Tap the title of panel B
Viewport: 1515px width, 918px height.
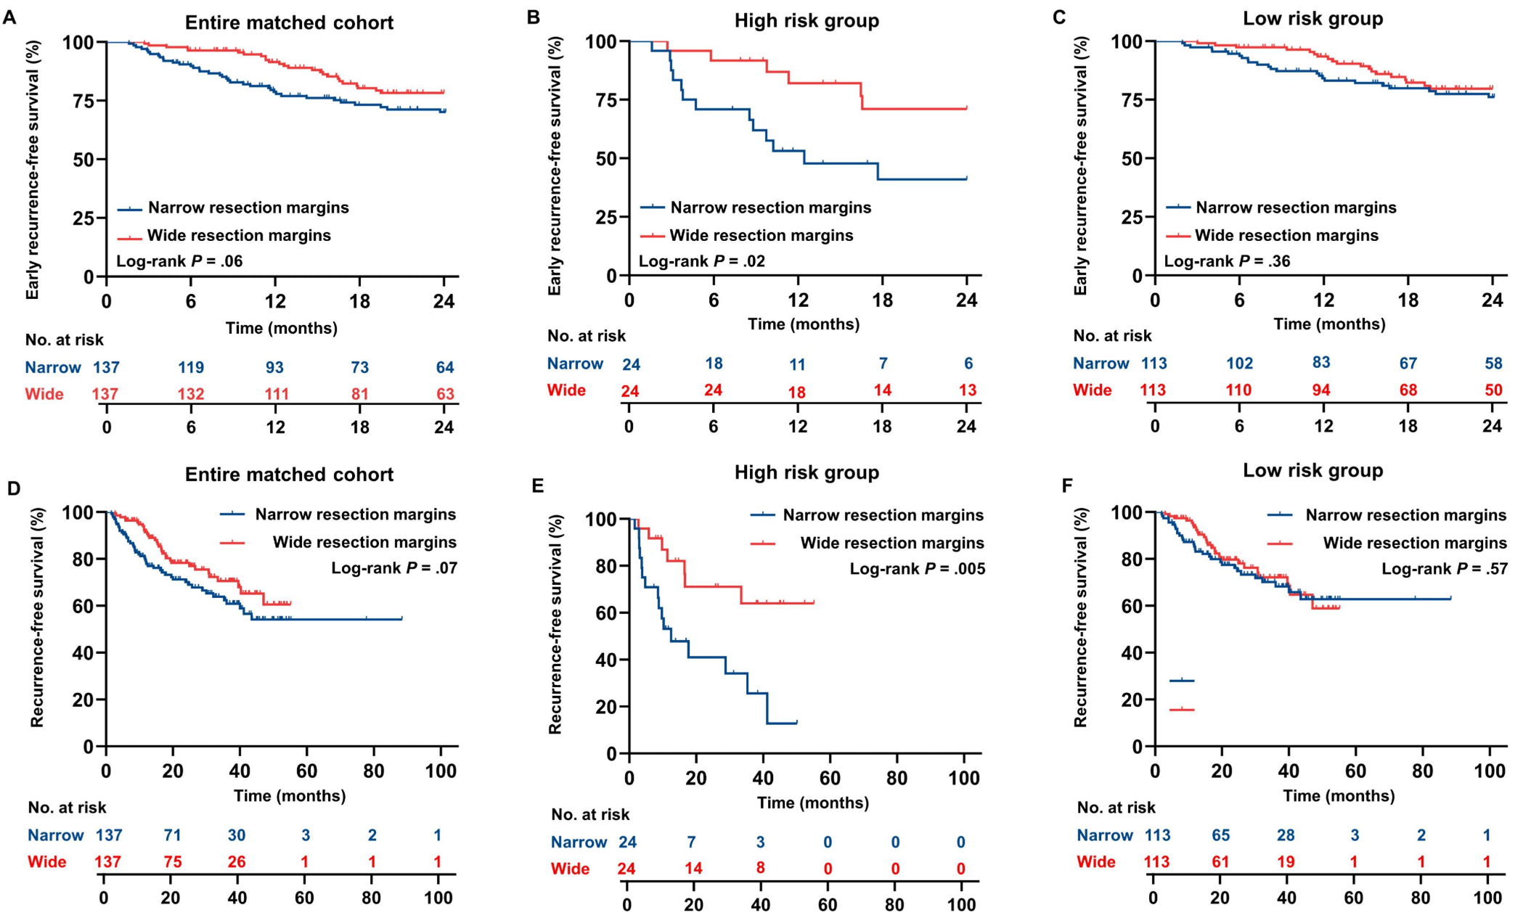(x=806, y=20)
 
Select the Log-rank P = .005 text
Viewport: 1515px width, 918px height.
(x=918, y=569)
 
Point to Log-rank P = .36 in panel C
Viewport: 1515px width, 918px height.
(x=1227, y=261)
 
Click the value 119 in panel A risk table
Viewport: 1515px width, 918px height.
(x=191, y=367)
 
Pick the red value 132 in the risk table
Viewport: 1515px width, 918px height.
(x=191, y=394)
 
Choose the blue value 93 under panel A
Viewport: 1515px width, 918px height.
(x=274, y=367)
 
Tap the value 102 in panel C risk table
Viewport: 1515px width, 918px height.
(x=1238, y=363)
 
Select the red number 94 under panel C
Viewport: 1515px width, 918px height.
(x=1321, y=390)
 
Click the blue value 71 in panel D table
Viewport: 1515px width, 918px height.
(x=172, y=835)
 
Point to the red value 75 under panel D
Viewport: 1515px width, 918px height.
(x=172, y=862)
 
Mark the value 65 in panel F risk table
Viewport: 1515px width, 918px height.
(x=1220, y=835)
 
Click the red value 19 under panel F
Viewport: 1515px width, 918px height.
(x=1286, y=862)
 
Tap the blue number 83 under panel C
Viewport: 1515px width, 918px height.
(x=1321, y=363)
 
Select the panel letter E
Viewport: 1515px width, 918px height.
(x=537, y=485)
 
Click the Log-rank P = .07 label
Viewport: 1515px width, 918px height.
(x=394, y=567)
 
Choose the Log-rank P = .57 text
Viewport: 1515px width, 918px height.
(x=1444, y=569)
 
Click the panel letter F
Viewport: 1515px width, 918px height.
(x=1066, y=485)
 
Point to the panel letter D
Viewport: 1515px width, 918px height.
(x=13, y=488)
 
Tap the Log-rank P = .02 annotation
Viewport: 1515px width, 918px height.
(x=701, y=261)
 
